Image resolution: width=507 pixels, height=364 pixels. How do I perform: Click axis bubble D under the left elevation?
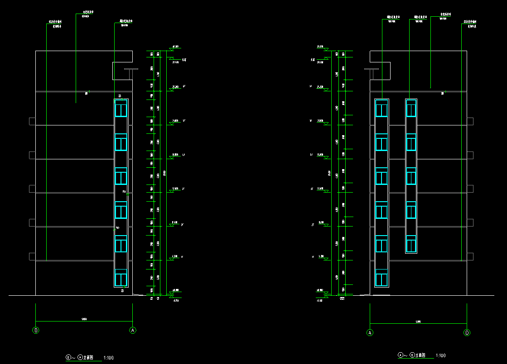click(36, 330)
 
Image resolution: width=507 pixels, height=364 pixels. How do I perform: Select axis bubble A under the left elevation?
click(133, 330)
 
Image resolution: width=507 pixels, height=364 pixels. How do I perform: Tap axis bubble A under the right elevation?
click(370, 333)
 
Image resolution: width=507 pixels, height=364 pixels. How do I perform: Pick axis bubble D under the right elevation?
click(467, 333)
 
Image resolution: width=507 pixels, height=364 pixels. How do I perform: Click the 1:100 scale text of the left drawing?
click(109, 358)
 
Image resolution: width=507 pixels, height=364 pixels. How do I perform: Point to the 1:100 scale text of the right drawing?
click(440, 355)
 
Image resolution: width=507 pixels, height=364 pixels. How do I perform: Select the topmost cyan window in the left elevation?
click(121, 110)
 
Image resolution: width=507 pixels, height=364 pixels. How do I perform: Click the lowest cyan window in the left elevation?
click(121, 278)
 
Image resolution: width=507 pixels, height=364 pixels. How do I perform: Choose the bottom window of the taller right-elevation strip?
click(381, 279)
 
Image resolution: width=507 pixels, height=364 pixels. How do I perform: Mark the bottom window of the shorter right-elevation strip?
click(411, 245)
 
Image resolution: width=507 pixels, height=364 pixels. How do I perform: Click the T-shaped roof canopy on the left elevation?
click(131, 70)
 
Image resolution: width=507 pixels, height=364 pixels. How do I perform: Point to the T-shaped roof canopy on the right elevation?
click(372, 70)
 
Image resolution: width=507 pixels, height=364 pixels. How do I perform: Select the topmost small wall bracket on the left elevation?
click(32, 121)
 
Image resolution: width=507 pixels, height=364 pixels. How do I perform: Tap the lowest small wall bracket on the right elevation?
click(470, 256)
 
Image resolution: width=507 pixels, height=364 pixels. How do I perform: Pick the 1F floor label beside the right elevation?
click(313, 257)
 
